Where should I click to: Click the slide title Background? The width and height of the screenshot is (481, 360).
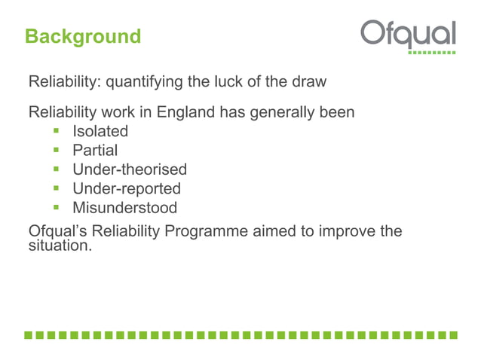82,36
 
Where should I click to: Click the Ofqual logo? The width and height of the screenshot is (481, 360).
408,34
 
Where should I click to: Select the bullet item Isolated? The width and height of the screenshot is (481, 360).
100,131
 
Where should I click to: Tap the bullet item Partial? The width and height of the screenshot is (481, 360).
95,151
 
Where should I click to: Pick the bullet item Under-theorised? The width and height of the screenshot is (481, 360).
129,169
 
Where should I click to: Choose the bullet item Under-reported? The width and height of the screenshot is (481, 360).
126,188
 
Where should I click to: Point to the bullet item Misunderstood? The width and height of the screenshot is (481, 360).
124,208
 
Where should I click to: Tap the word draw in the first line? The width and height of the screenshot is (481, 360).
309,81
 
